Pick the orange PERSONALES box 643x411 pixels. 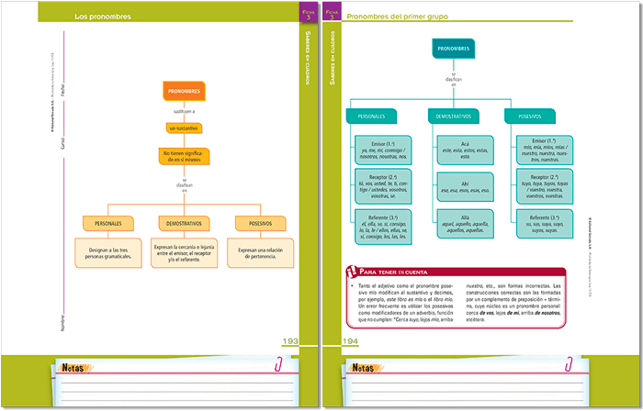point(107,223)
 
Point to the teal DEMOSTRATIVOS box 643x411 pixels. point(453,117)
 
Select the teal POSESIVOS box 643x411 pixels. point(530,117)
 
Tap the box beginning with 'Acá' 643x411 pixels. point(453,150)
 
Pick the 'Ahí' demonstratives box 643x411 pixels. point(453,187)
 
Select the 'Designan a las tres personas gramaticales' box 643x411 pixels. point(107,252)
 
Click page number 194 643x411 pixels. point(350,341)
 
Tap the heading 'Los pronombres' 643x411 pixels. point(102,17)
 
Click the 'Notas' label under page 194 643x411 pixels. point(363,368)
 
